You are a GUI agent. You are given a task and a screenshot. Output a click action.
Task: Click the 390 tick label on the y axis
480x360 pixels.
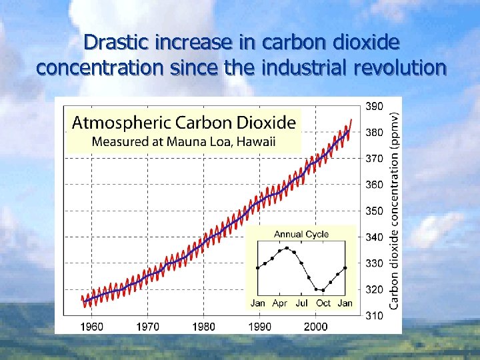coord(374,106)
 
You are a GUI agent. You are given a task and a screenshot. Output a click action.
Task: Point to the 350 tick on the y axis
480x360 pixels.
coord(374,211)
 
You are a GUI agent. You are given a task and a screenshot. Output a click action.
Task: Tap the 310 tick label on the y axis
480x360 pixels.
coord(374,315)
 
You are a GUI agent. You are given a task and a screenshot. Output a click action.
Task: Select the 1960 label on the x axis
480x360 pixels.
coord(92,326)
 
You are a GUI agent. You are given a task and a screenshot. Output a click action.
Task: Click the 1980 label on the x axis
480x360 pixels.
coord(204,326)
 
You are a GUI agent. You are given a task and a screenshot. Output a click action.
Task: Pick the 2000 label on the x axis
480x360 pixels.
coord(316,326)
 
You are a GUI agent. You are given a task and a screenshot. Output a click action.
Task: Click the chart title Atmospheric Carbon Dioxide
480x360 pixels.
coord(183,123)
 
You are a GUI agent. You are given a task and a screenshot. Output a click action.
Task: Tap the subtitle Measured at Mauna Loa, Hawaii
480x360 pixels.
coord(183,141)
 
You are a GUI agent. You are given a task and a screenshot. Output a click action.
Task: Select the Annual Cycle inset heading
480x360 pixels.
coord(301,234)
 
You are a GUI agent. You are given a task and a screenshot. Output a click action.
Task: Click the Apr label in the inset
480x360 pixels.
coord(280,303)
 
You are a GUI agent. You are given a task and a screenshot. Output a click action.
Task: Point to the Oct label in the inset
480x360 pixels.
coord(323,303)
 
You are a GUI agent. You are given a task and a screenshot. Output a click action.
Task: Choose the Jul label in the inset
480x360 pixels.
coord(301,303)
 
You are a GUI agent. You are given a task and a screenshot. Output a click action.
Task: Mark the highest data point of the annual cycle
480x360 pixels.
coord(287,247)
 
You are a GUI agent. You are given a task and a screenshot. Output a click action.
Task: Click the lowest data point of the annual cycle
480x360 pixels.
coord(323,290)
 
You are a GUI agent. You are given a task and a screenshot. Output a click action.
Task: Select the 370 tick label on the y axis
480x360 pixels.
coord(374,159)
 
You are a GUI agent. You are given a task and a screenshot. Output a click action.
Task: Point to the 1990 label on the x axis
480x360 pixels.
coord(260,326)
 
